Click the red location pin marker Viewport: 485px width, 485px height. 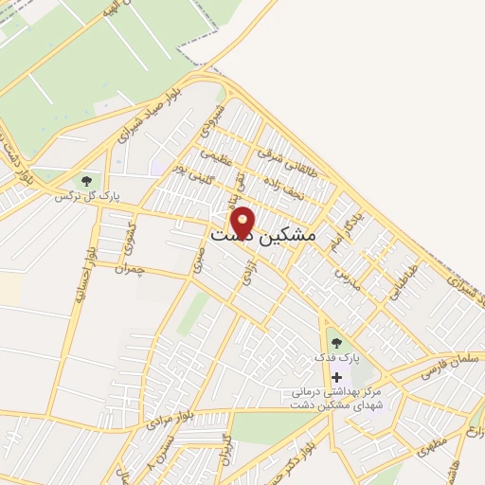tap(243, 222)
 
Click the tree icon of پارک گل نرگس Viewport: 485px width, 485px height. tap(86, 180)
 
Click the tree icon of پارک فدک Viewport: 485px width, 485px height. tap(334, 343)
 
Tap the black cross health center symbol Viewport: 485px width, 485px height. tap(335, 377)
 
